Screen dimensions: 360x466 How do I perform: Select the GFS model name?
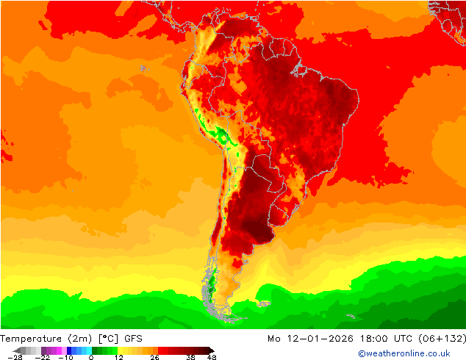134,339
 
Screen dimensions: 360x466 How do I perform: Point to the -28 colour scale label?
15,357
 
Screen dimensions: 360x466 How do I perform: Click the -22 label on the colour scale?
42,357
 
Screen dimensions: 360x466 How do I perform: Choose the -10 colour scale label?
67,357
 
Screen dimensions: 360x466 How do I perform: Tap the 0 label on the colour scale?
90,357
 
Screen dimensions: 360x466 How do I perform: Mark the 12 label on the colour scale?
118,357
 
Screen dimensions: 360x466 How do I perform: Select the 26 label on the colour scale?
154,357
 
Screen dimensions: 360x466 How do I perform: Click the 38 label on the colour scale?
190,357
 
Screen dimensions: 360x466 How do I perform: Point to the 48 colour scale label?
211,357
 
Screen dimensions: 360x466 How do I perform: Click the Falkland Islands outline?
262,302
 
